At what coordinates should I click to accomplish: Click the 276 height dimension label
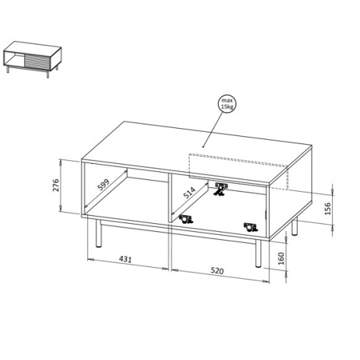56,185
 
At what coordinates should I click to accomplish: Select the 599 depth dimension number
104,184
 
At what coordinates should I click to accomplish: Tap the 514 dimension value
190,192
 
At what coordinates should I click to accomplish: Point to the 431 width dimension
125,259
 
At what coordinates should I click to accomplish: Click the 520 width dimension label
217,271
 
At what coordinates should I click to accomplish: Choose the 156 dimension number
328,209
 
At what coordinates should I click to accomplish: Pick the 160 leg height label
281,258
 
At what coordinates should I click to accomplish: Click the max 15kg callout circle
228,104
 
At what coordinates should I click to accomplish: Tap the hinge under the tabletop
221,189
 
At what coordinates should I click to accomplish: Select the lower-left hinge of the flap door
186,219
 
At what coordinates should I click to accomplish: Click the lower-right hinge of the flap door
251,228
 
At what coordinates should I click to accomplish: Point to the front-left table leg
99,233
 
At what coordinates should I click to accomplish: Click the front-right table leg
258,252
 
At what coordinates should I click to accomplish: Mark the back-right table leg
295,226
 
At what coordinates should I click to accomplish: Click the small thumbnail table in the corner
32,59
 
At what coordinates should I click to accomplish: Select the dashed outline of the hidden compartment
239,172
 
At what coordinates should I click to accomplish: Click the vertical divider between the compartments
170,198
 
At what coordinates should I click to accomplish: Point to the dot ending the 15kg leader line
203,147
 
